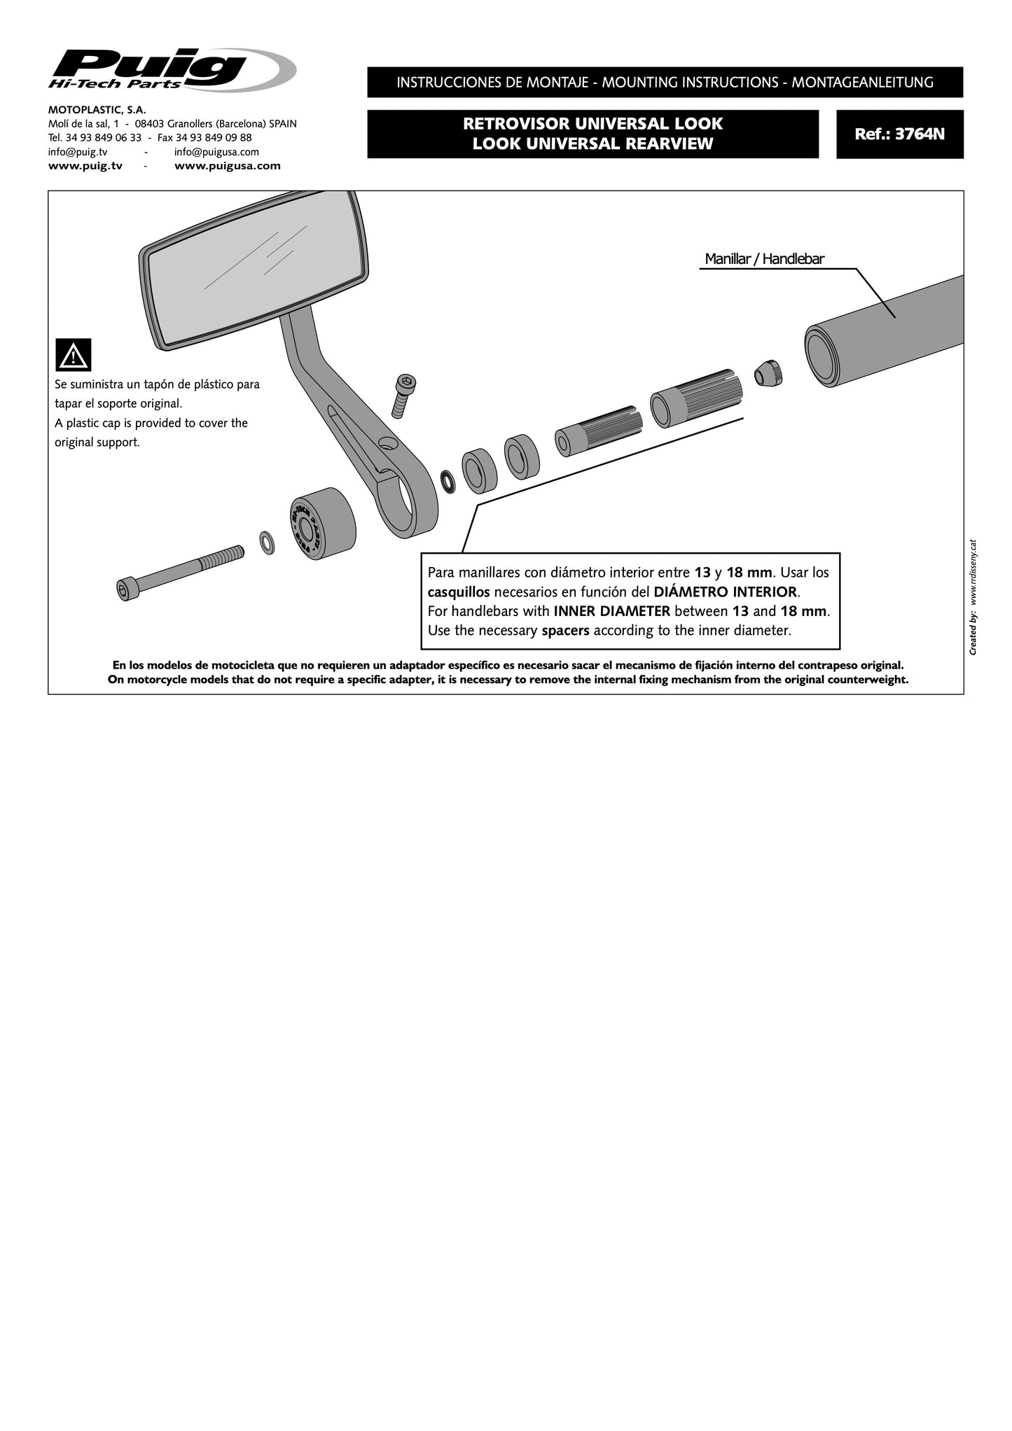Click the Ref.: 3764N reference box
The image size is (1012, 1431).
point(899,134)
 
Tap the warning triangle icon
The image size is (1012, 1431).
point(73,356)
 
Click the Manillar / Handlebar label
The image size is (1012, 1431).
point(764,259)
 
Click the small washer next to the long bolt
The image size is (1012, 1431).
point(267,541)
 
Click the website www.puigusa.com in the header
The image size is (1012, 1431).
point(227,166)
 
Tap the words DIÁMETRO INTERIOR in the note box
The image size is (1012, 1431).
point(725,592)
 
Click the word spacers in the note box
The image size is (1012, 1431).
point(565,630)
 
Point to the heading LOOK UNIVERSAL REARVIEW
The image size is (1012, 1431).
point(592,144)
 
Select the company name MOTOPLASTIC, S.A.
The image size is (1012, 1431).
point(97,110)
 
